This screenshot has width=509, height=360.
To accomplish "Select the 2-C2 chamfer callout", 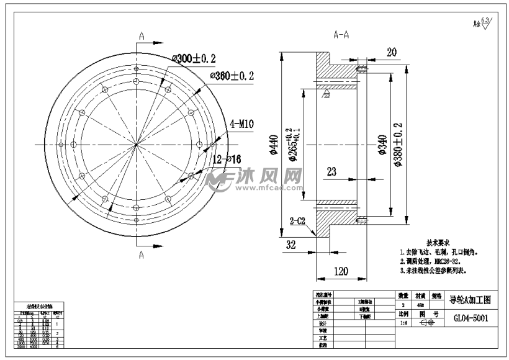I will (x=300, y=221).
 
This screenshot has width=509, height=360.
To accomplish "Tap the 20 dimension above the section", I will (x=391, y=52).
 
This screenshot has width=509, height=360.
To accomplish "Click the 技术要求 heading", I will (x=438, y=242).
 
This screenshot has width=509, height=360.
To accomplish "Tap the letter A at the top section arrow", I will (x=142, y=36).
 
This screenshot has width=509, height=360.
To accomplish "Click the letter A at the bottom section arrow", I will (x=141, y=254).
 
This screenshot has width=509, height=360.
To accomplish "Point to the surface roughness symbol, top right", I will (x=483, y=23).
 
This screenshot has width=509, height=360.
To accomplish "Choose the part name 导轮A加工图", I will (x=470, y=299).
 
